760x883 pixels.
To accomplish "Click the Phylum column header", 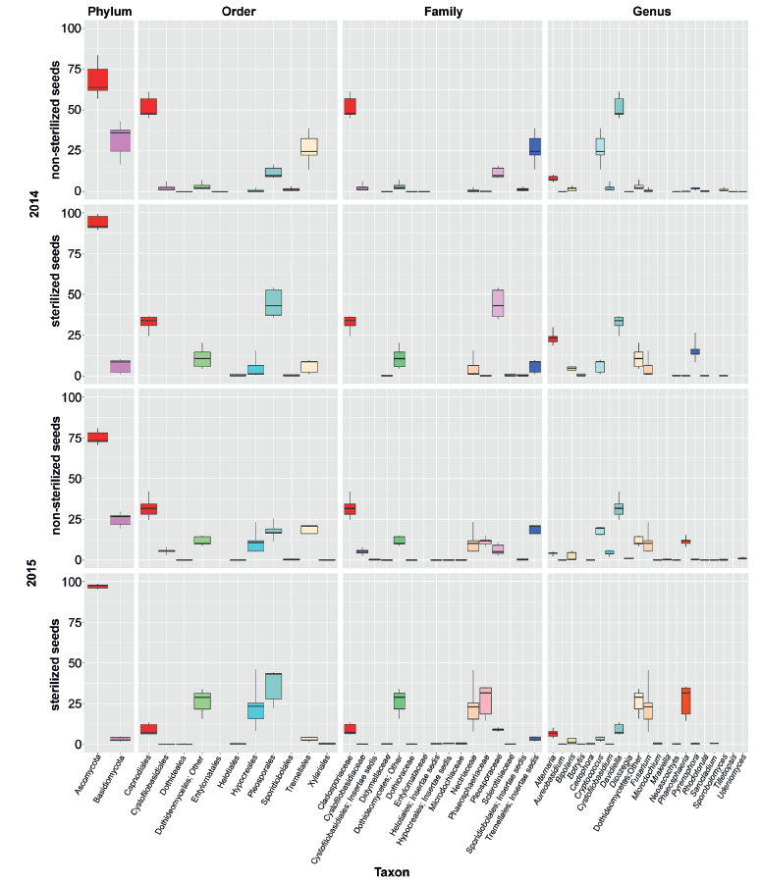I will coord(109,11).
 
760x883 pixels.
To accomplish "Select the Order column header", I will coord(240,11).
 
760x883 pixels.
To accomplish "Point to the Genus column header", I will coord(646,11).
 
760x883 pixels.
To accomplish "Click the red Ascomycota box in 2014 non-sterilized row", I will coord(97,79).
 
